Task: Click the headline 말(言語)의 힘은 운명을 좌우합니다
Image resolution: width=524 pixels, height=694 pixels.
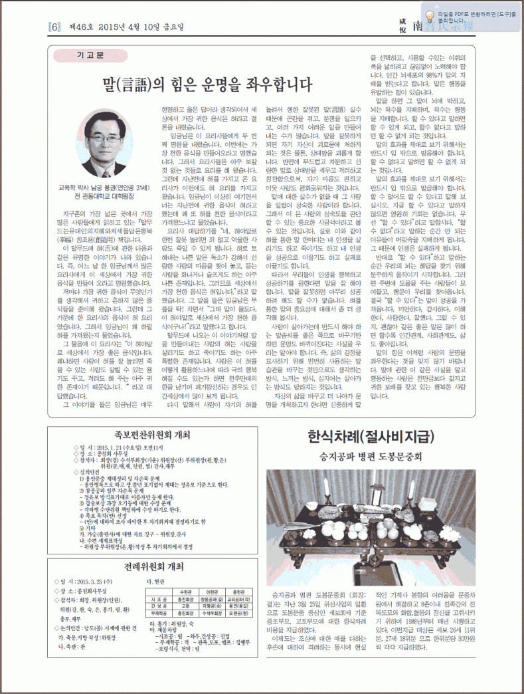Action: coord(207,84)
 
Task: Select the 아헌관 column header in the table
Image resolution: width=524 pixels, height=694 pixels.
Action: coord(213,591)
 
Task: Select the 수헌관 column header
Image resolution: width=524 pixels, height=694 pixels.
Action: coord(185,591)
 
